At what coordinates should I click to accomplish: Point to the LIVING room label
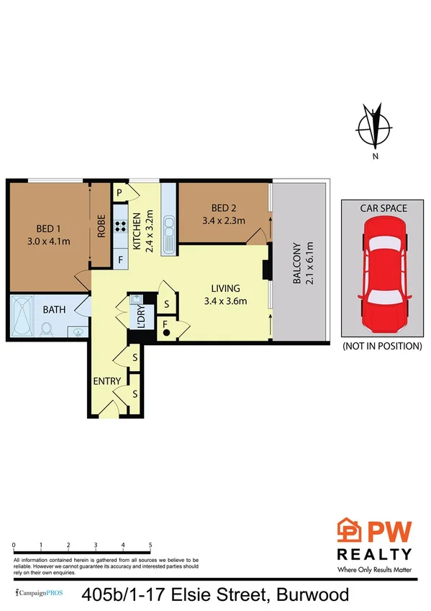tap(225, 293)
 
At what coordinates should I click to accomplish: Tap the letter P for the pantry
tap(119, 192)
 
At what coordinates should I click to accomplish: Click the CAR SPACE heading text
tap(384, 208)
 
